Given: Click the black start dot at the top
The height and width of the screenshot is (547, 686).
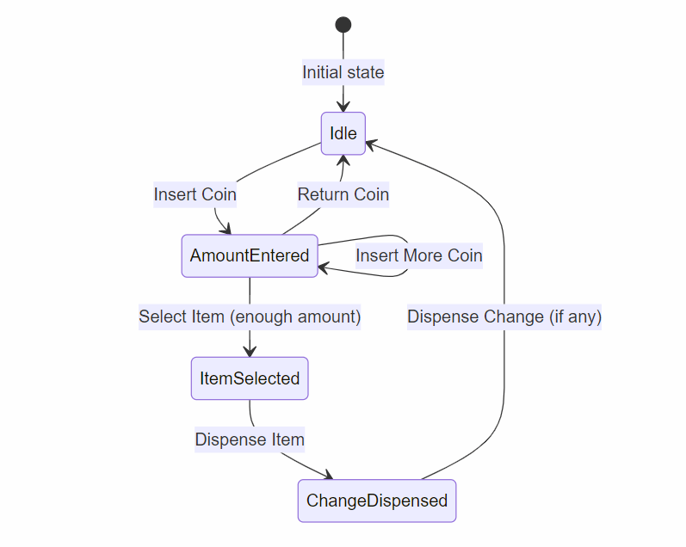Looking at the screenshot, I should [343, 24].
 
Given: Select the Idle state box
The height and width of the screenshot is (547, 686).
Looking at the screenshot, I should [343, 133].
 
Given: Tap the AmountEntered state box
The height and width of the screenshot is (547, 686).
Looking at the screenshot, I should [250, 255].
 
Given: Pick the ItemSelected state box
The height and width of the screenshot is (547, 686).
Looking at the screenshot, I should [250, 378].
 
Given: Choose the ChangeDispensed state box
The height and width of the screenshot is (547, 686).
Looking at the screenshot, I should [377, 501].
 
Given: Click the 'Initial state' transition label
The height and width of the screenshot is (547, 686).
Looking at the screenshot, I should [343, 72].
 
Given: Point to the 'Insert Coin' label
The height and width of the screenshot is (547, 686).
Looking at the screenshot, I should [195, 194].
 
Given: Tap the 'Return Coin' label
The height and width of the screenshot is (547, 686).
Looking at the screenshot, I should [343, 194].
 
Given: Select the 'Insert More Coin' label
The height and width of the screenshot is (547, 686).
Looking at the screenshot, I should [418, 255].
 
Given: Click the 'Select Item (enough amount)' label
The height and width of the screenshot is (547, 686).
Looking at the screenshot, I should [250, 317].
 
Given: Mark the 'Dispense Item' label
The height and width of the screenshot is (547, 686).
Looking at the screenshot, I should [250, 439].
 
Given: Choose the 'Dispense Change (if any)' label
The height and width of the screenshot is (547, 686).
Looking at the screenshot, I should [504, 317].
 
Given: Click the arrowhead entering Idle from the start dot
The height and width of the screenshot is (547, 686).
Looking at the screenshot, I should [343, 107].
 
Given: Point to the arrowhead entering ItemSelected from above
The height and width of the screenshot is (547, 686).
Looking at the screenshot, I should [250, 351].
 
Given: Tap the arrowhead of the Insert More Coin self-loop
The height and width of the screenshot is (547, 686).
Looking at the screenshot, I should [324, 268].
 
